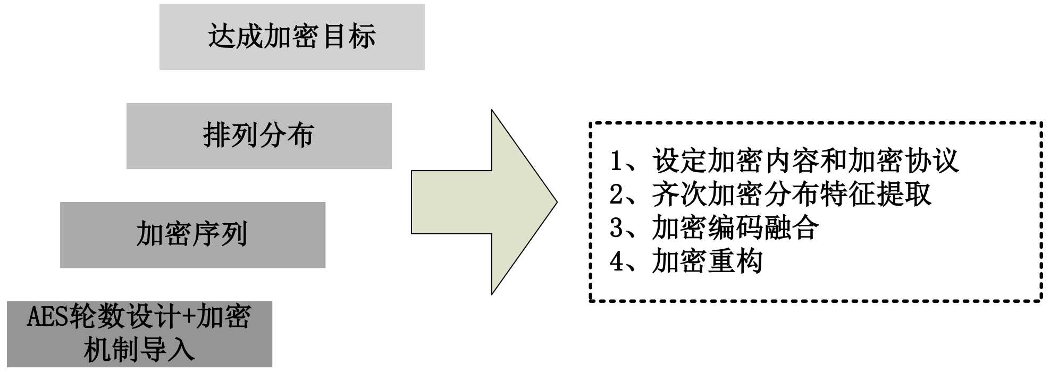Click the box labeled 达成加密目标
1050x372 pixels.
(x=292, y=37)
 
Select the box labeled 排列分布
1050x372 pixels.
(x=259, y=136)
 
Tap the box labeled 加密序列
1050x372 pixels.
(x=192, y=235)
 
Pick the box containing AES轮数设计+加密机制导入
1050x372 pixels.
(x=139, y=334)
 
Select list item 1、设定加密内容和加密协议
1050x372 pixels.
(x=784, y=161)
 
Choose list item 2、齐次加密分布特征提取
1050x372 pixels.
(x=770, y=195)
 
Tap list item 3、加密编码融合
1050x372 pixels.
(x=714, y=228)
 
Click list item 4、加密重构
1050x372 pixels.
(x=686, y=261)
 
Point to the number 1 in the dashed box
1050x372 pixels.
(x=616, y=161)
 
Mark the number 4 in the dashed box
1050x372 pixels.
(x=616, y=261)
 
